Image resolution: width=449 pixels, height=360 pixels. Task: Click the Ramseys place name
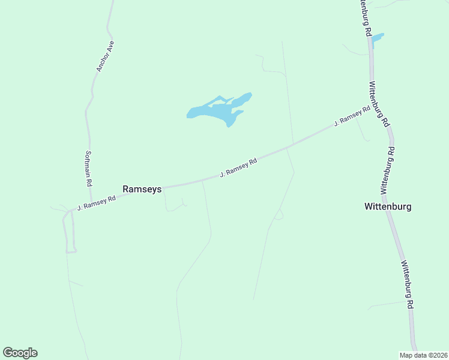[142, 188]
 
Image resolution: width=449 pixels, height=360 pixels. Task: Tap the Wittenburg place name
[388, 206]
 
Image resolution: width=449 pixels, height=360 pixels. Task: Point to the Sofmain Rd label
[89, 168]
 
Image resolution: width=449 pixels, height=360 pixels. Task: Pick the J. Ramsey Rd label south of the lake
[238, 167]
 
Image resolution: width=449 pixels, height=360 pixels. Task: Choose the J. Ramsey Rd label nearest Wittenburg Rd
[352, 116]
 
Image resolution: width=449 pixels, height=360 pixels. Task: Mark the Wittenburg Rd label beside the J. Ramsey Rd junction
[378, 105]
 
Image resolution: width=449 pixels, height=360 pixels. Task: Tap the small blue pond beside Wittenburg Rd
[377, 40]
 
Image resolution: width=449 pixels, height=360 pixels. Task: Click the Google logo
[20, 353]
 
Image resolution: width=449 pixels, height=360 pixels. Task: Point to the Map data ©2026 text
[423, 355]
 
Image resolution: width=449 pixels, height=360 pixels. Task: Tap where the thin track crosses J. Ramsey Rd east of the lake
[288, 146]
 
